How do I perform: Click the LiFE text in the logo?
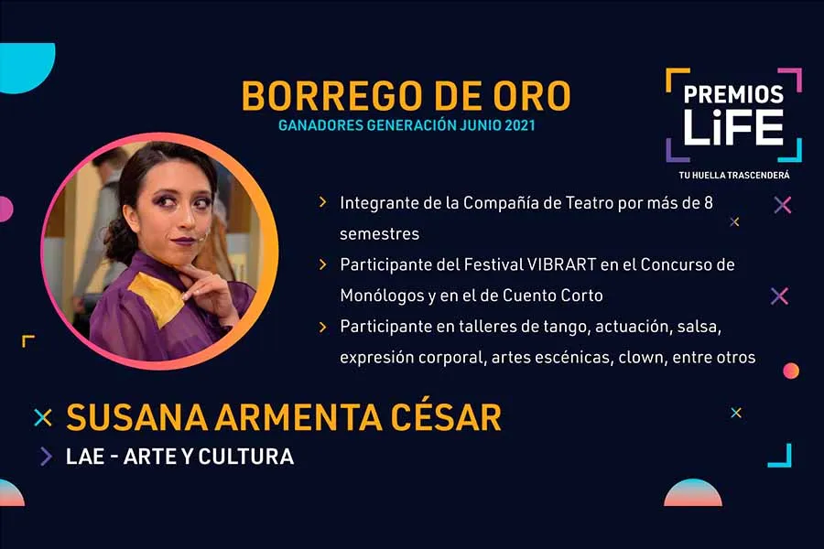tap(734, 126)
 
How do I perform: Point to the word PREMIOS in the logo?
tap(733, 95)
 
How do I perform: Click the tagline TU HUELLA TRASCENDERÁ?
tap(734, 174)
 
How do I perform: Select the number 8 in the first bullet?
tap(708, 202)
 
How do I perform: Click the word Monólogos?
tap(379, 296)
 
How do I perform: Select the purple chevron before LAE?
tap(45, 456)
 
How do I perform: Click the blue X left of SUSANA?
tap(42, 417)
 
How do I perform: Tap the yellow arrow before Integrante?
tap(322, 202)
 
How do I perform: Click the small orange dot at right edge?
tap(791, 371)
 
